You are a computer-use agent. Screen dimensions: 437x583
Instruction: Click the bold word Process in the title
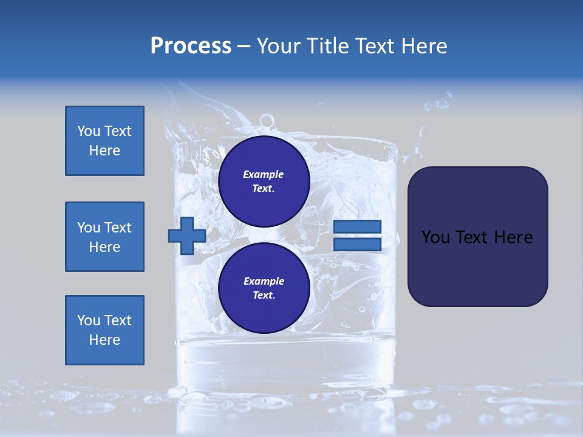point(191,46)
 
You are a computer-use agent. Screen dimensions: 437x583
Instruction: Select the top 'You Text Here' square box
point(104,141)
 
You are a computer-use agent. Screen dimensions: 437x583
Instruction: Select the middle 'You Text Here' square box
point(104,237)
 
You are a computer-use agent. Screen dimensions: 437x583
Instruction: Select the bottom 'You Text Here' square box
point(104,330)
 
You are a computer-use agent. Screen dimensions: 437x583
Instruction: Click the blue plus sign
point(186,235)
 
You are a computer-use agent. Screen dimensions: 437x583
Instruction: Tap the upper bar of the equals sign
point(357,226)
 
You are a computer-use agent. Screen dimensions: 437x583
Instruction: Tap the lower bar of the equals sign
point(357,244)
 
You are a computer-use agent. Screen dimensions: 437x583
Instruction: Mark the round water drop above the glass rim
point(266,121)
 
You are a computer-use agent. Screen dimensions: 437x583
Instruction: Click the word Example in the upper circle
point(263,174)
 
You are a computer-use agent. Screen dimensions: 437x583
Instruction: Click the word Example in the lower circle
point(264,281)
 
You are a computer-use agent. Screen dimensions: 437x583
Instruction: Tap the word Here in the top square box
point(104,151)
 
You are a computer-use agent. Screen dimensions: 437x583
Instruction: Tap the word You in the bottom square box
point(88,320)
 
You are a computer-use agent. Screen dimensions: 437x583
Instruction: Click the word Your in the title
point(278,46)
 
